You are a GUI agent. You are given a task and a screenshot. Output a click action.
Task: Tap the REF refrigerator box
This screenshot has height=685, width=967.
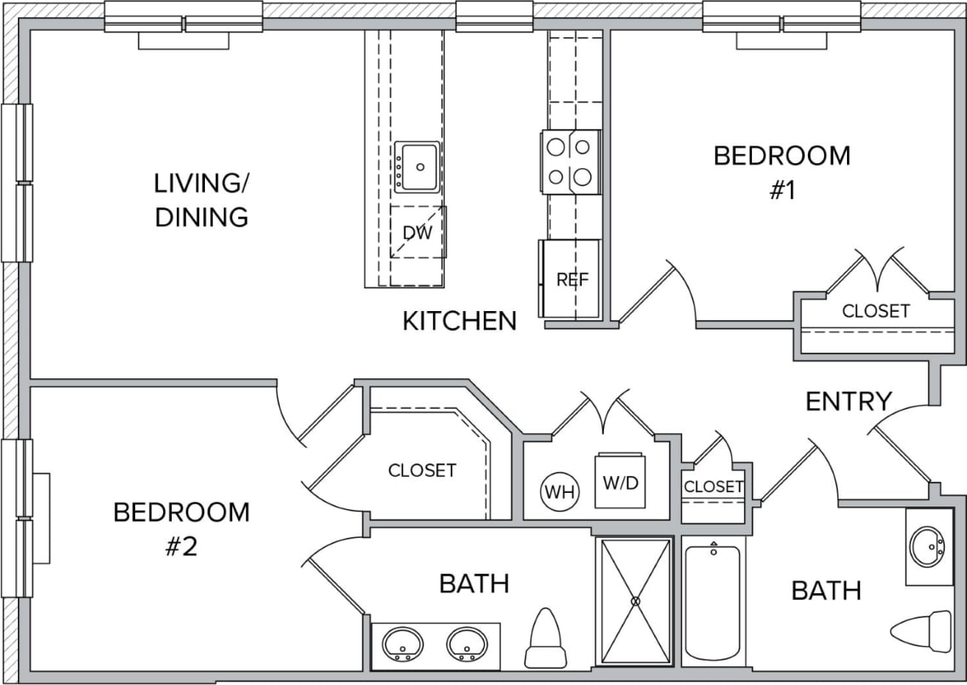click(x=572, y=279)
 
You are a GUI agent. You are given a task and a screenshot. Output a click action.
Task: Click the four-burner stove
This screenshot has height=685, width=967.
click(x=570, y=161)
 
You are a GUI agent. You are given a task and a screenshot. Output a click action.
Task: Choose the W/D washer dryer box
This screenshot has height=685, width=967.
click(x=617, y=482)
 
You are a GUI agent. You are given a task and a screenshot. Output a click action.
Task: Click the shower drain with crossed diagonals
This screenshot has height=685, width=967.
click(x=635, y=601)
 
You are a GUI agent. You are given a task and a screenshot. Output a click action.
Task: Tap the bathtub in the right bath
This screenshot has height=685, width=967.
click(x=713, y=602)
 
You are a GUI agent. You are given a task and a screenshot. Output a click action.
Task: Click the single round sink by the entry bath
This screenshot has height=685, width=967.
click(x=928, y=546)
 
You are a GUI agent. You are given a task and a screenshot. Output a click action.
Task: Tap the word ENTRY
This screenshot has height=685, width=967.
click(x=848, y=401)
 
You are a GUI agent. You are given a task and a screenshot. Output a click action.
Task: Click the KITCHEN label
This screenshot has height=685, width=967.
click(x=459, y=321)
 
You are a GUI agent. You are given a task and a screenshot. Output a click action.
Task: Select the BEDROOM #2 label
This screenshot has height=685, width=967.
click(x=181, y=528)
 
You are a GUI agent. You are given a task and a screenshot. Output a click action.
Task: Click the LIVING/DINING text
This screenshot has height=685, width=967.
click(x=202, y=200)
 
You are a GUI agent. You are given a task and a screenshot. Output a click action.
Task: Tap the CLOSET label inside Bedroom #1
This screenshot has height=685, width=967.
click(x=875, y=311)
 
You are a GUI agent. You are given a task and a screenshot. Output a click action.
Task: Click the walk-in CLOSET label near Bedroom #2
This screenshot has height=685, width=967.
click(x=422, y=470)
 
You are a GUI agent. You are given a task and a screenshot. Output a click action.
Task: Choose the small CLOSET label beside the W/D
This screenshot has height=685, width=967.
click(x=714, y=487)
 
